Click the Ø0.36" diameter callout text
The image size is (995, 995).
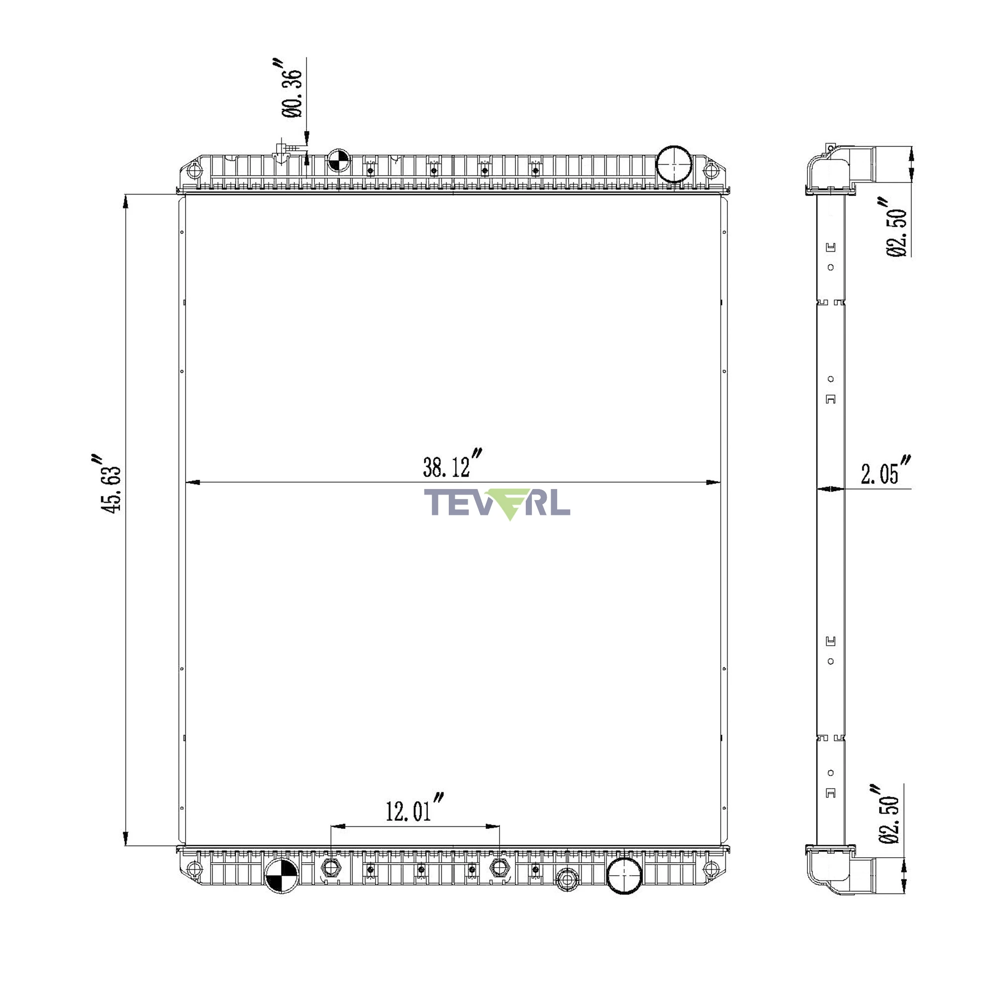click(291, 88)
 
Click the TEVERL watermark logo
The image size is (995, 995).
click(497, 503)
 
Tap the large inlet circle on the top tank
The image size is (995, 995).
click(674, 164)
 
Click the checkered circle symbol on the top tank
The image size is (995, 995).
click(339, 160)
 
